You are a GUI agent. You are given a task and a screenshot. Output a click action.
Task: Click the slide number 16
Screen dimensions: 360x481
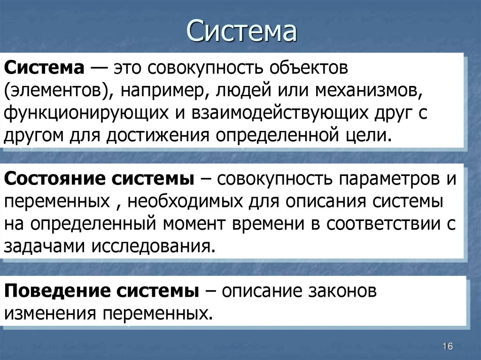pyautogui.click(x=447, y=346)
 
